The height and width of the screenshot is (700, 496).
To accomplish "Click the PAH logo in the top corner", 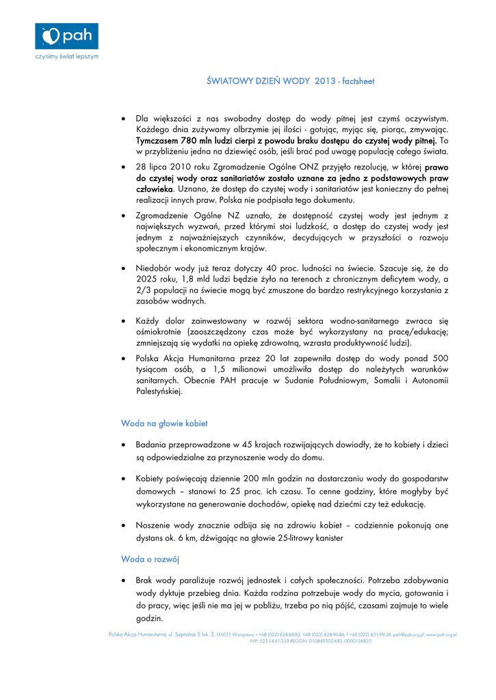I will (x=66, y=36).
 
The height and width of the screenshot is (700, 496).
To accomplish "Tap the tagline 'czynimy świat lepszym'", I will (x=66, y=57).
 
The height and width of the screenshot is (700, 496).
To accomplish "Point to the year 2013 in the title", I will (x=326, y=81).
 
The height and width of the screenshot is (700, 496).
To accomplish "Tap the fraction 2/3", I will (x=144, y=290).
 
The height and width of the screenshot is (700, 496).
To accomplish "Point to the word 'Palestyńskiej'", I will (x=159, y=392).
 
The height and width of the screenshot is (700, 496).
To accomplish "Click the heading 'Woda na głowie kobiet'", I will (x=164, y=424).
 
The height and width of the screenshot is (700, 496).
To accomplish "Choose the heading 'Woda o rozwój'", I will (x=150, y=559).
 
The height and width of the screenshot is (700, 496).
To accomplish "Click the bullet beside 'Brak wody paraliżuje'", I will (x=122, y=580).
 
